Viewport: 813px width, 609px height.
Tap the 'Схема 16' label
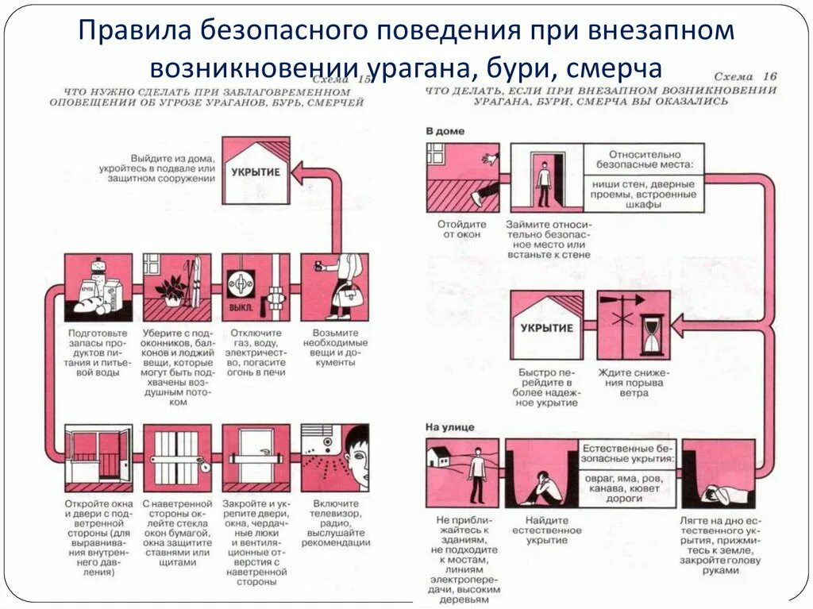pyautogui.click(x=744, y=76)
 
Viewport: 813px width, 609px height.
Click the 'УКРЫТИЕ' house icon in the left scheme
pyautogui.click(x=255, y=171)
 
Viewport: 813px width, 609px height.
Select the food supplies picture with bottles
pyautogui.click(x=98, y=287)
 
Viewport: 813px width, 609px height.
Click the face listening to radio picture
pyautogui.click(x=334, y=458)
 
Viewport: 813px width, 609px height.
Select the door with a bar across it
pyautogui.click(x=255, y=458)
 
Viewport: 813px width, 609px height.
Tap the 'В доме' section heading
pyautogui.click(x=445, y=130)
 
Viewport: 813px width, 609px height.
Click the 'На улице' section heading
pyautogui.click(x=449, y=427)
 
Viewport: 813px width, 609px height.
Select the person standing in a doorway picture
pyautogui.click(x=545, y=178)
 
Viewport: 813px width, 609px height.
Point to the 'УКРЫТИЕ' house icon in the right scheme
pyautogui.click(x=546, y=326)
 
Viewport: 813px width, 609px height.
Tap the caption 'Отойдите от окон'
pyautogui.click(x=460, y=229)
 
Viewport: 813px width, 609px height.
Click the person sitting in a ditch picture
pyautogui.click(x=541, y=473)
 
